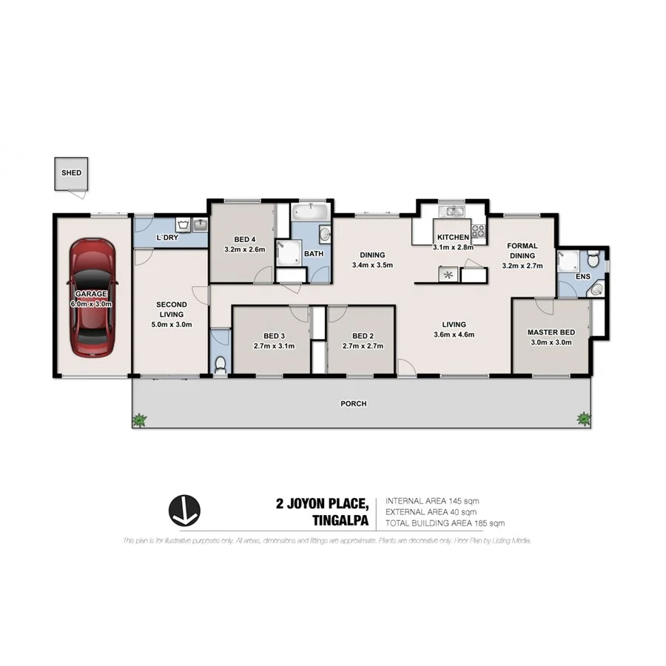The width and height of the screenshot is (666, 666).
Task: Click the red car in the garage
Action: click(92, 296)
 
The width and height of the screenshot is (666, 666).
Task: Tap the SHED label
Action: click(72, 173)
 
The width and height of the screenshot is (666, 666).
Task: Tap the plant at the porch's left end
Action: click(138, 420)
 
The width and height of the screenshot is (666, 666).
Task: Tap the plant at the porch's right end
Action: click(584, 420)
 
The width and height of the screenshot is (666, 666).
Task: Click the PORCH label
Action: click(354, 403)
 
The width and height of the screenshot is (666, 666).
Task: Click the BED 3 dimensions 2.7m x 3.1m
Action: click(274, 345)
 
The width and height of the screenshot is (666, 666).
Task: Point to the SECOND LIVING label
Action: click(171, 309)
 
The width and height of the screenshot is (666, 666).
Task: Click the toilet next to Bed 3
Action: click(221, 363)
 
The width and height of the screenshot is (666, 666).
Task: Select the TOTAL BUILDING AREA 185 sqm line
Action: click(445, 523)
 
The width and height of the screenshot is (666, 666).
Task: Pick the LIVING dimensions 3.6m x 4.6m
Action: click(454, 334)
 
